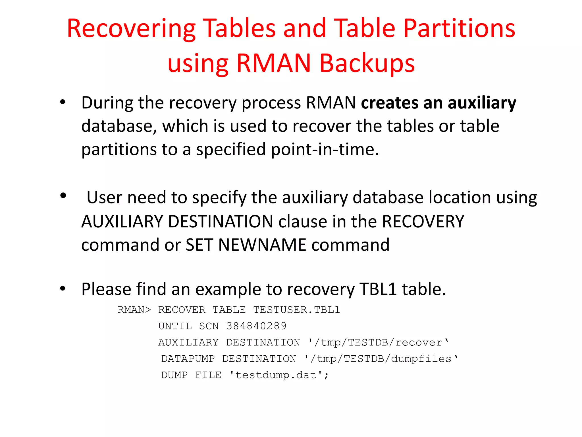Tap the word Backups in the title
click(367, 63)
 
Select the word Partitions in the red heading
click(459, 29)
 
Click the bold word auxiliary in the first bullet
click(482, 103)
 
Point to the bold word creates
click(389, 103)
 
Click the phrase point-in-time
click(325, 150)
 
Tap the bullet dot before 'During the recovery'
click(63, 102)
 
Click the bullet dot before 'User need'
click(63, 196)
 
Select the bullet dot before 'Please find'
click(63, 288)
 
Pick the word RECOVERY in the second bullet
click(423, 222)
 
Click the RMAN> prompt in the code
click(134, 310)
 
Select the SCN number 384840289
click(256, 326)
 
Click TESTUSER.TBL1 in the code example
click(296, 310)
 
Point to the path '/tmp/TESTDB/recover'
click(378, 343)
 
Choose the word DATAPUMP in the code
click(188, 359)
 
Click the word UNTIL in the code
click(175, 326)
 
